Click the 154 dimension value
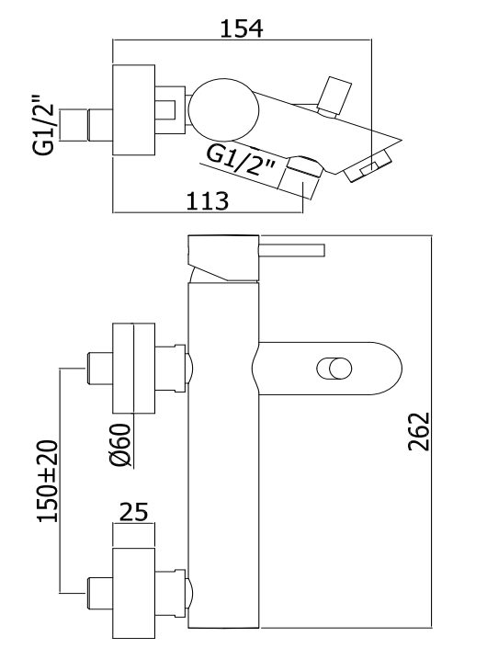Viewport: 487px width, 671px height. click(242, 28)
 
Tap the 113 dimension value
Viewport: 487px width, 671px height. click(208, 200)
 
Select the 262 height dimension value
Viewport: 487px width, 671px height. click(418, 431)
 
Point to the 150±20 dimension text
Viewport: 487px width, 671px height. click(48, 481)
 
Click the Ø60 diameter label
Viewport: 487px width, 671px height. click(119, 446)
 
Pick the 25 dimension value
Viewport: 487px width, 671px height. click(133, 512)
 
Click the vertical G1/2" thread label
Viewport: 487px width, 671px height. click(44, 123)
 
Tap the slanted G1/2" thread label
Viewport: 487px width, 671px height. click(241, 160)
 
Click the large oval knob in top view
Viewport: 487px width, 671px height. click(224, 109)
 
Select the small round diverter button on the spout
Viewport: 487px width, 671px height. click(334, 369)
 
